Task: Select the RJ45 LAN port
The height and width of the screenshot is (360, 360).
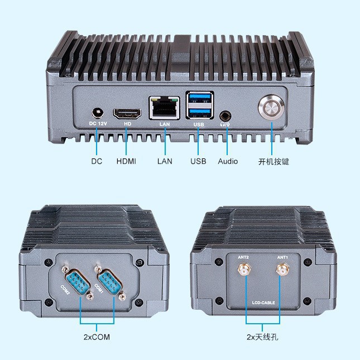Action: click(164, 108)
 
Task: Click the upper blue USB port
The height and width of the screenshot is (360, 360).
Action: click(199, 100)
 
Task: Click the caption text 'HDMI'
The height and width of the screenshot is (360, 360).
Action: click(126, 161)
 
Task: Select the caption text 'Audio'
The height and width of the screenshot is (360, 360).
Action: click(228, 161)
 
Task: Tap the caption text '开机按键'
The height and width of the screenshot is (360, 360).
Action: click(273, 162)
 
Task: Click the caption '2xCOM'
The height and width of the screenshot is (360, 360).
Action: click(96, 337)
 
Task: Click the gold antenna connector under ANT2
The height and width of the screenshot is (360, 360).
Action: click(243, 271)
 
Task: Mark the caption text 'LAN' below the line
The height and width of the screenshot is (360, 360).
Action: click(165, 161)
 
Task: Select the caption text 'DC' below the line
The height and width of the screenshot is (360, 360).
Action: click(97, 161)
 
